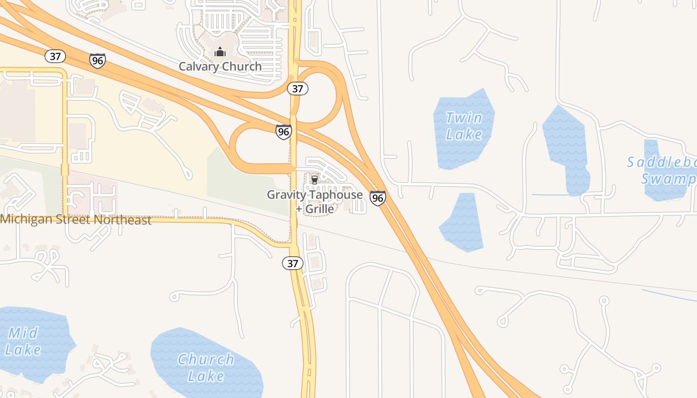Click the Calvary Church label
(x=220, y=66)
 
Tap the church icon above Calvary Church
(x=220, y=51)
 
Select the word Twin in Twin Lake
(x=464, y=118)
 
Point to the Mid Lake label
(x=23, y=341)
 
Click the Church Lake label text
(x=206, y=367)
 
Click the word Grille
(x=319, y=208)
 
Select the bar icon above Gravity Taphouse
(x=314, y=180)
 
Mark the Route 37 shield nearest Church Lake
(x=293, y=263)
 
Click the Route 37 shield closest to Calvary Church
(x=298, y=89)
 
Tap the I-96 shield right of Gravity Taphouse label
(x=377, y=198)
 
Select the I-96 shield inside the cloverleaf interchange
(x=283, y=132)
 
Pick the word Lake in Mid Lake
(x=23, y=349)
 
